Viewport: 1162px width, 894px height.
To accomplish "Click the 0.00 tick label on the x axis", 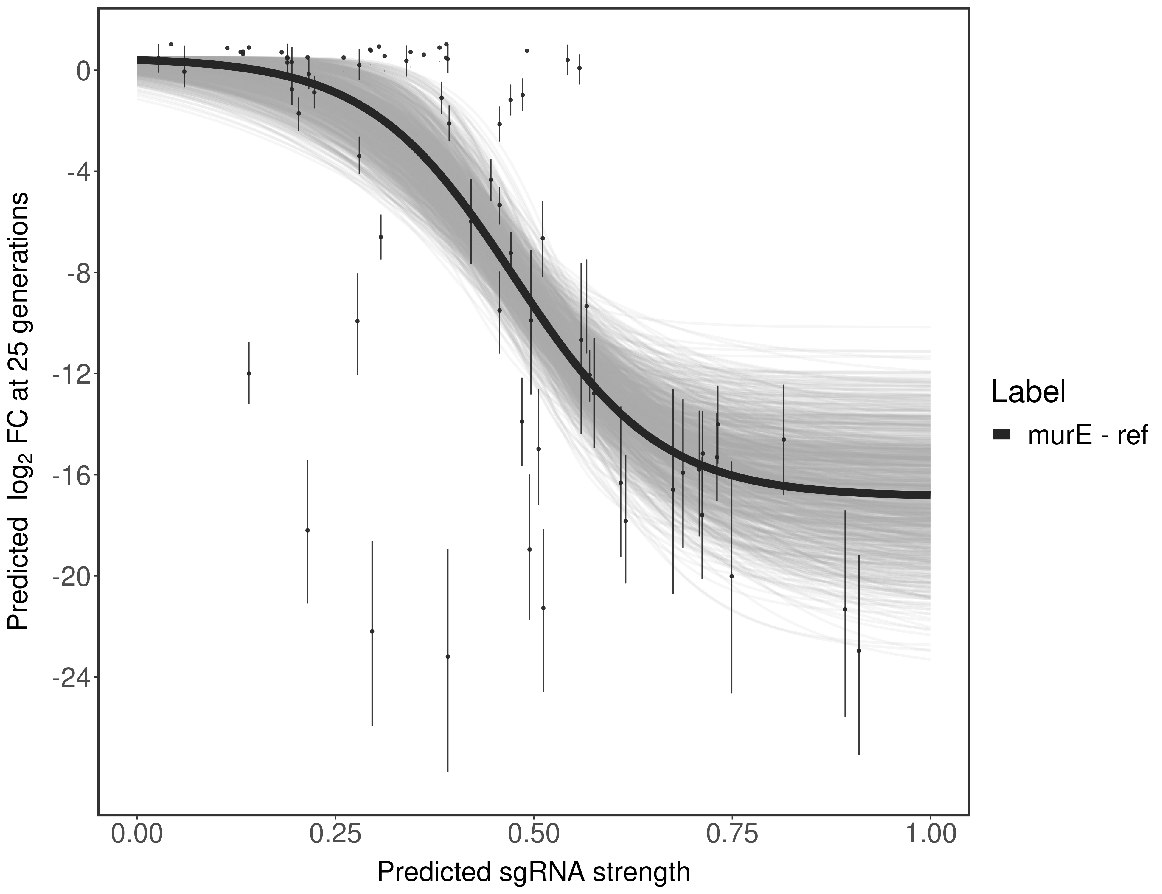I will [x=137, y=834].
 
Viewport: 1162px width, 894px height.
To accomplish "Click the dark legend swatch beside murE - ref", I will [x=1002, y=435].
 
